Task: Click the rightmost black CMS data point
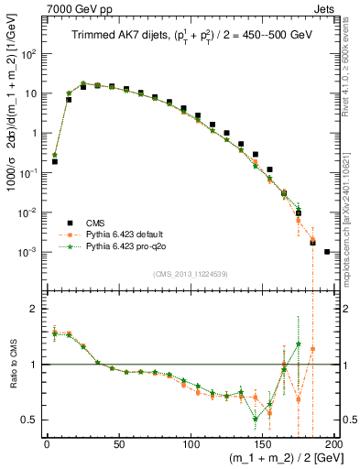click(327, 251)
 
